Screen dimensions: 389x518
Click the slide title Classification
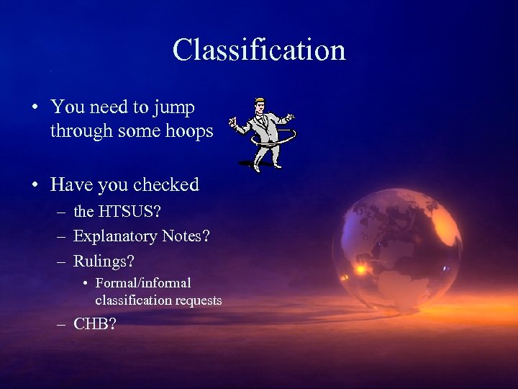[x=259, y=50]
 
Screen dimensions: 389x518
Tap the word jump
[x=176, y=107]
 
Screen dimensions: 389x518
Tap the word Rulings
[x=104, y=260]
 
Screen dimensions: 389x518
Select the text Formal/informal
[x=143, y=283]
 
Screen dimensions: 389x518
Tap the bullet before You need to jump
[x=35, y=108]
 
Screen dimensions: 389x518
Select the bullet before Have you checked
[x=35, y=185]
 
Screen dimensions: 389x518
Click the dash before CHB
[x=60, y=324]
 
